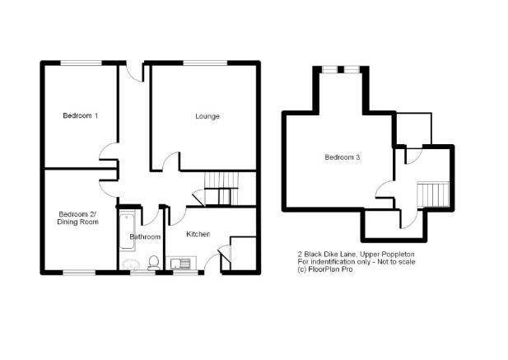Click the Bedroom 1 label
click(81, 115)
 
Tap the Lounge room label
click(207, 116)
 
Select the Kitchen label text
click(198, 234)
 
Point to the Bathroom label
click(145, 237)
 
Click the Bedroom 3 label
click(343, 157)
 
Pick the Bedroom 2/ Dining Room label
click(77, 218)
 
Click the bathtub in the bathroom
click(128, 231)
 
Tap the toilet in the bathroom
click(153, 263)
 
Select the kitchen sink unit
click(181, 263)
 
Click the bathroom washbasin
click(132, 264)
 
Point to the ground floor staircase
click(221, 189)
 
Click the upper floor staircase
click(433, 194)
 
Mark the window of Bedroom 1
click(82, 63)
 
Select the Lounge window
click(206, 63)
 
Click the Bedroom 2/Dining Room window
click(79, 273)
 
